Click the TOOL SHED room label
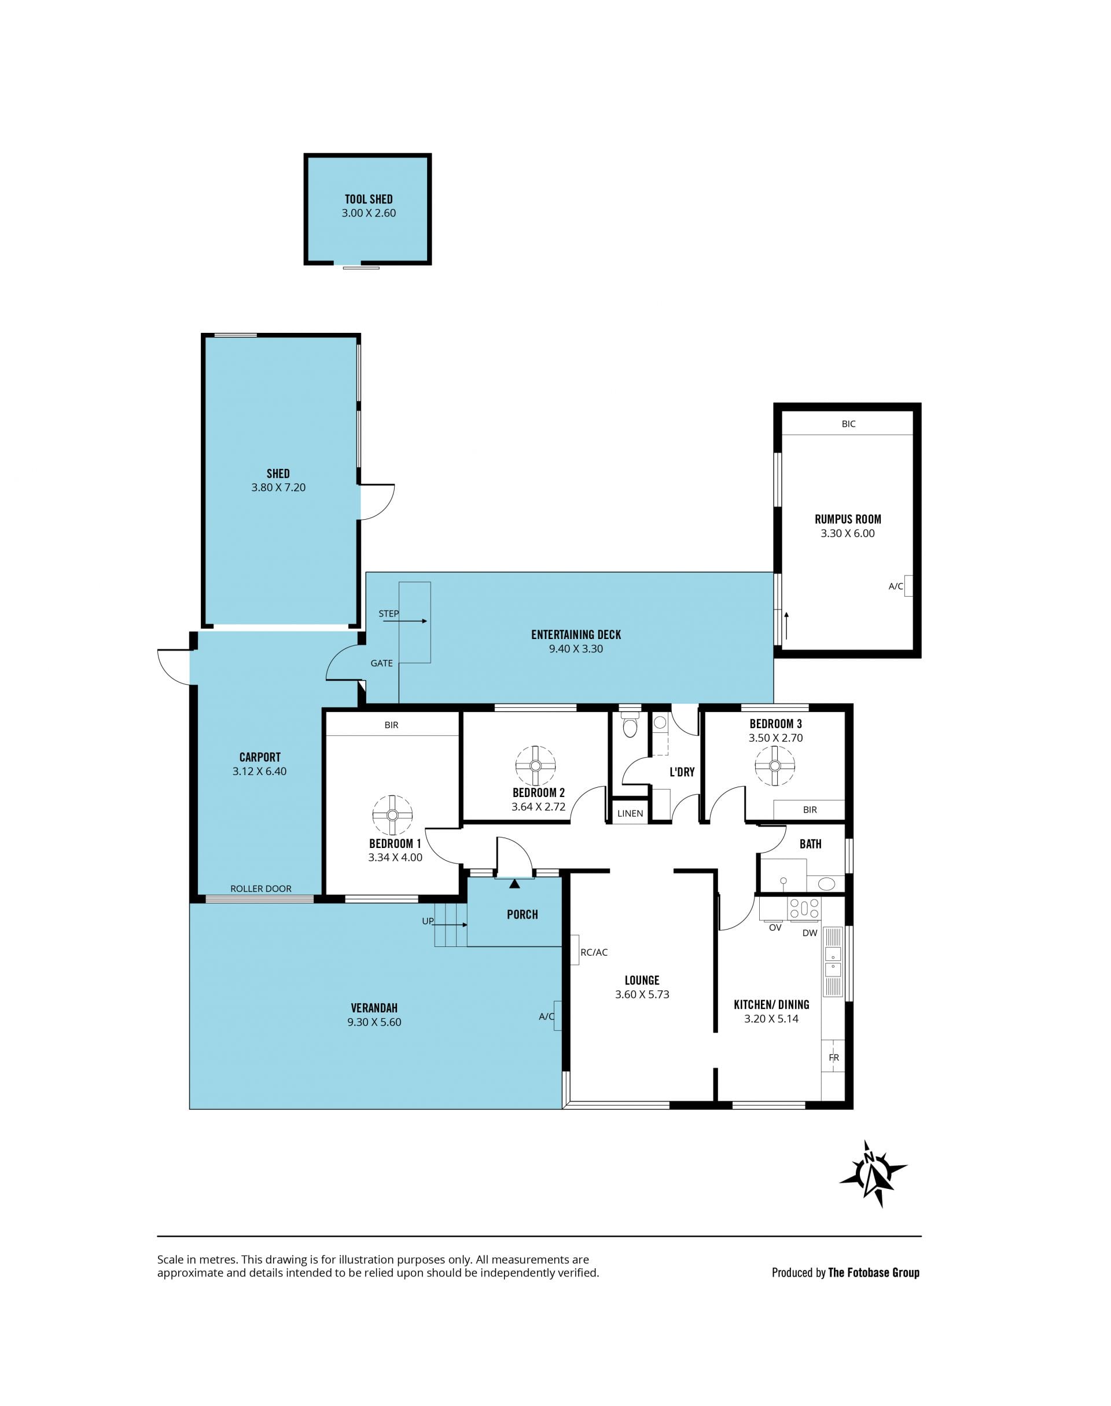click(x=369, y=199)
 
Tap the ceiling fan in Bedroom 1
click(x=392, y=814)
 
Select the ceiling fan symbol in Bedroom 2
click(x=535, y=765)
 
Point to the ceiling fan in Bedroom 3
click(x=775, y=766)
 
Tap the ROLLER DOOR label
click(x=261, y=888)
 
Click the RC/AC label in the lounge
click(x=594, y=953)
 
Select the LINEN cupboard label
click(x=630, y=813)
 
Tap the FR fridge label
click(x=834, y=1058)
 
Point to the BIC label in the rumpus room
click(x=849, y=424)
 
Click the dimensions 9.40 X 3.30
click(x=576, y=649)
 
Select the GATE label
click(x=382, y=663)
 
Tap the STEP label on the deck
click(x=388, y=614)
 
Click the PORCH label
click(x=523, y=914)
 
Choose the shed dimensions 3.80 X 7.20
click(x=278, y=487)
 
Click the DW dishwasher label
click(x=810, y=933)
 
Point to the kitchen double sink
click(x=833, y=963)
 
